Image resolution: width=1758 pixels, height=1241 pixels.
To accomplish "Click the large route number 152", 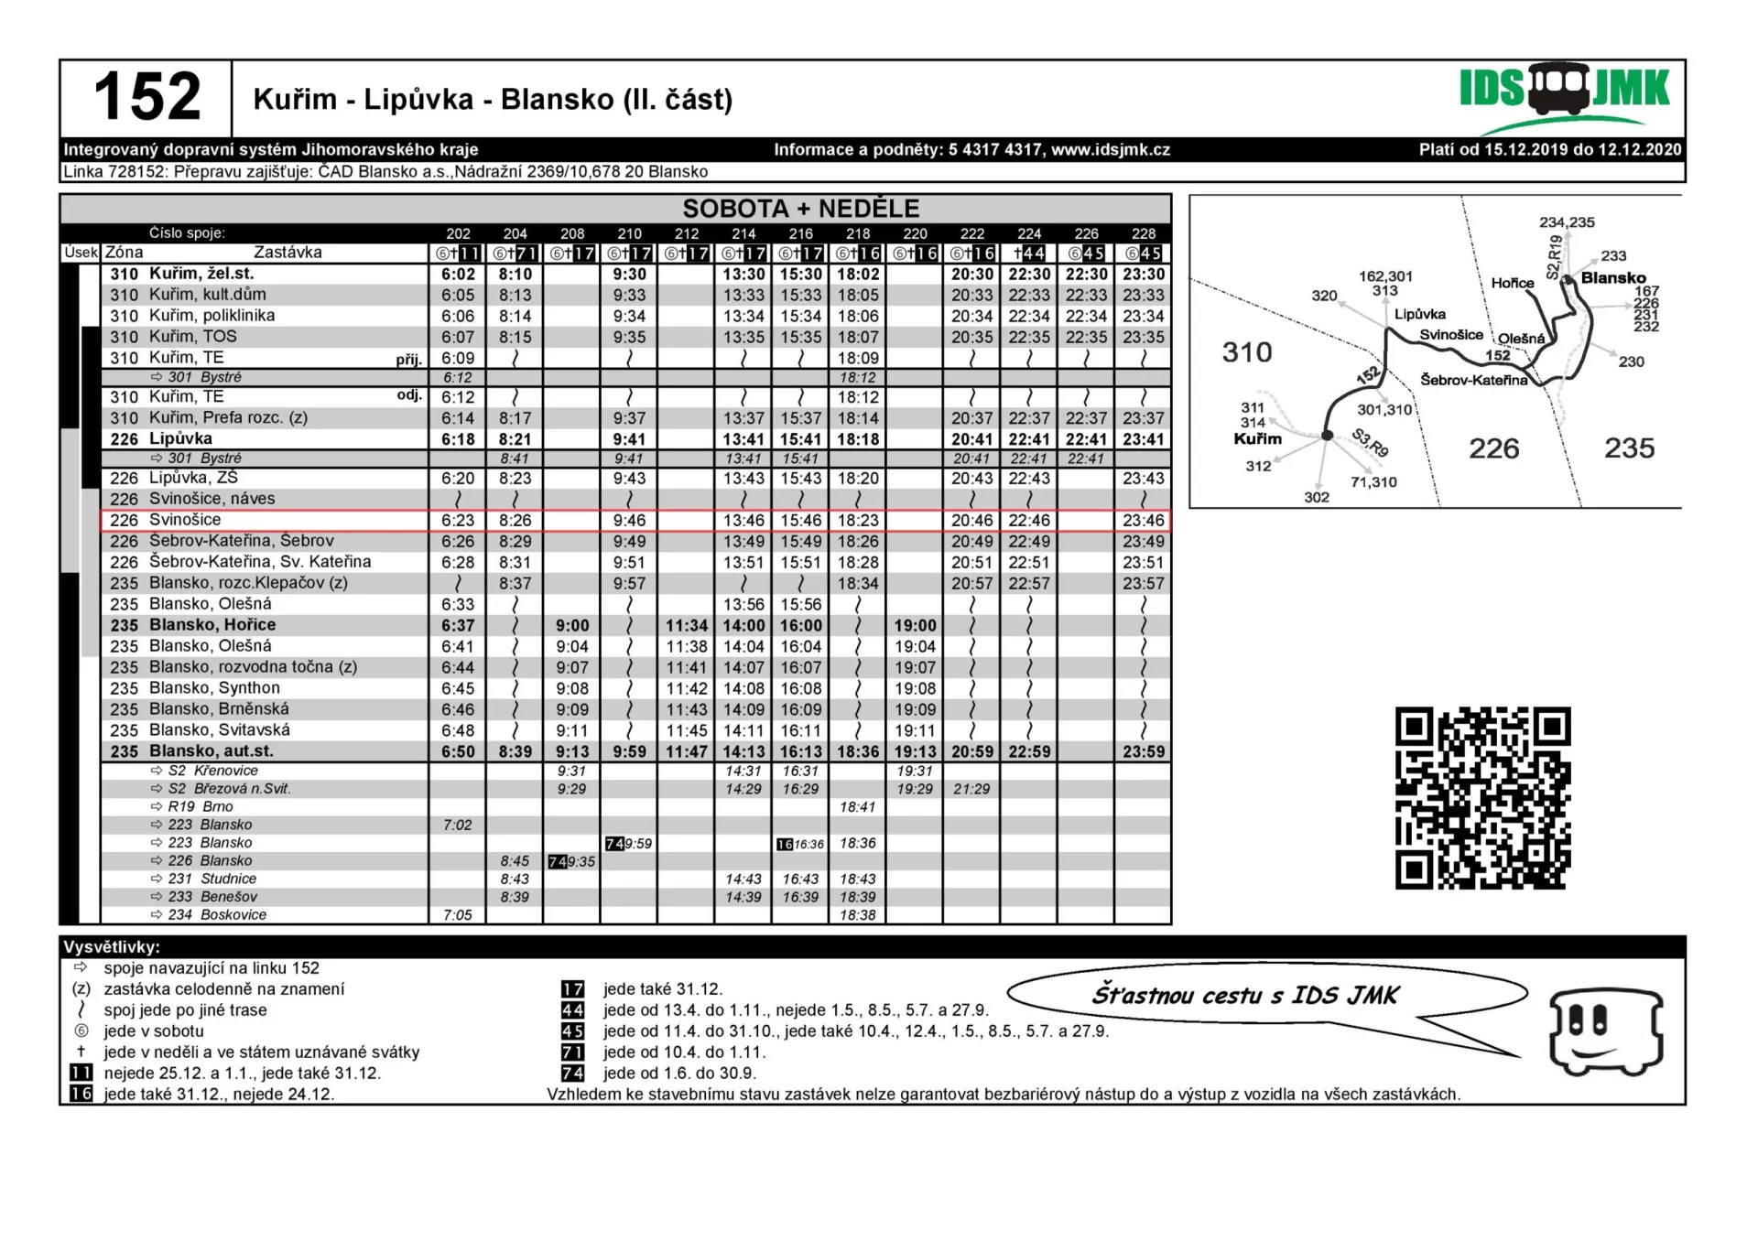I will point(146,97).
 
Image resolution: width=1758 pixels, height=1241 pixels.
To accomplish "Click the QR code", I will point(1482,797).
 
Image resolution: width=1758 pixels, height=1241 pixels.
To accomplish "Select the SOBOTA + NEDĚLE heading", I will point(800,209).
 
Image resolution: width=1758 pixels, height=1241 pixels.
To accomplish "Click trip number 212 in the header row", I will point(686,234).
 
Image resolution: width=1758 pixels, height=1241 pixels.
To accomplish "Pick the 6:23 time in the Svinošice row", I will point(458,521).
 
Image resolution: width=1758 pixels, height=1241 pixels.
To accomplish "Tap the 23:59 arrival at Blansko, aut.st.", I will point(1143,752).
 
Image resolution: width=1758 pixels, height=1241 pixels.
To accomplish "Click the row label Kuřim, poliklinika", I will point(212,316).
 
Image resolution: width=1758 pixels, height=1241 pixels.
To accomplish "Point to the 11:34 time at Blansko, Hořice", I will point(686,626).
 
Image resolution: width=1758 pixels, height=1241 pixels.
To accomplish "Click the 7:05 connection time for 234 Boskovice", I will point(458,915).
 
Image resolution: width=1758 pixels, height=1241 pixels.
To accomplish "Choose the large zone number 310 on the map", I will point(1247,352).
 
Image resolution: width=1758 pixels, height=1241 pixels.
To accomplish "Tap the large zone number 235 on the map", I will point(1629,448).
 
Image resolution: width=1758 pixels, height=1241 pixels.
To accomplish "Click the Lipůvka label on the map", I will point(1419,314).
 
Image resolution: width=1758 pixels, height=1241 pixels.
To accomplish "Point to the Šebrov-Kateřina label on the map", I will point(1473,380).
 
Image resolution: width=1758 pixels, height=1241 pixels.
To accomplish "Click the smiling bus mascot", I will point(1605,1031).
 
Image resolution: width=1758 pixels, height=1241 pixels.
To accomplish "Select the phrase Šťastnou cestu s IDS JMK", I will point(1245,996).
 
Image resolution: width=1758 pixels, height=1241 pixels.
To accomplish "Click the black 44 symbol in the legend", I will point(572,1010).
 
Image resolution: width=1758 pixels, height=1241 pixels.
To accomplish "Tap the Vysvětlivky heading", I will point(112,947).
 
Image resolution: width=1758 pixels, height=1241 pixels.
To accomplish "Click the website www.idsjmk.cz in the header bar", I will point(1110,150).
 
